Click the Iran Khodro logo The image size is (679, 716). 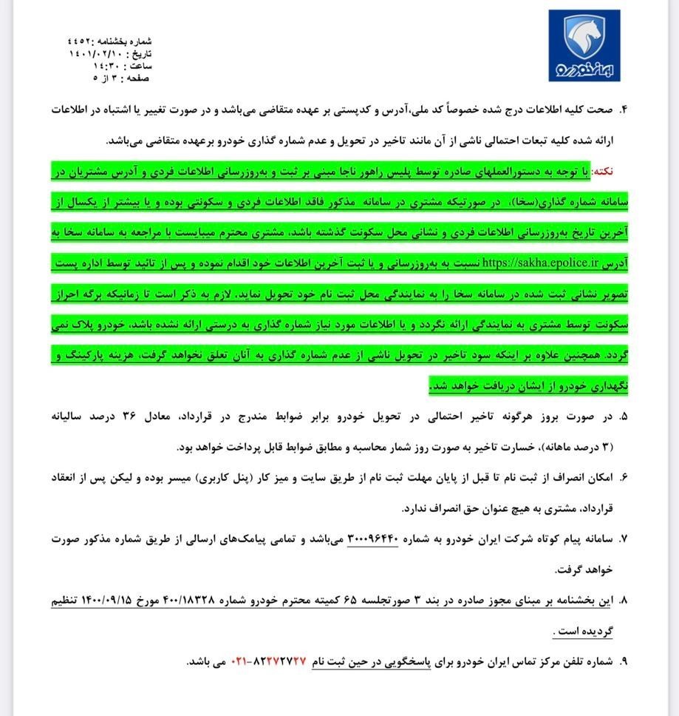(x=584, y=47)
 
